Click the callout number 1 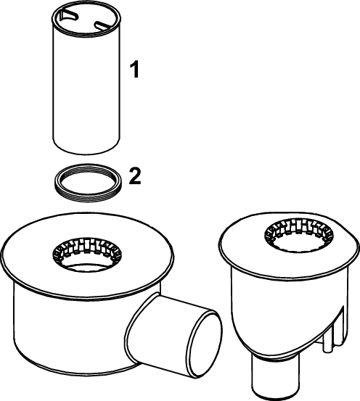tap(135, 69)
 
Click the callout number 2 tap(135, 176)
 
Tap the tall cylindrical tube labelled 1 tap(86, 82)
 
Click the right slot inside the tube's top tap(104, 25)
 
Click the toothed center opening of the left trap tap(87, 254)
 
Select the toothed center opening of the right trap tap(299, 234)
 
